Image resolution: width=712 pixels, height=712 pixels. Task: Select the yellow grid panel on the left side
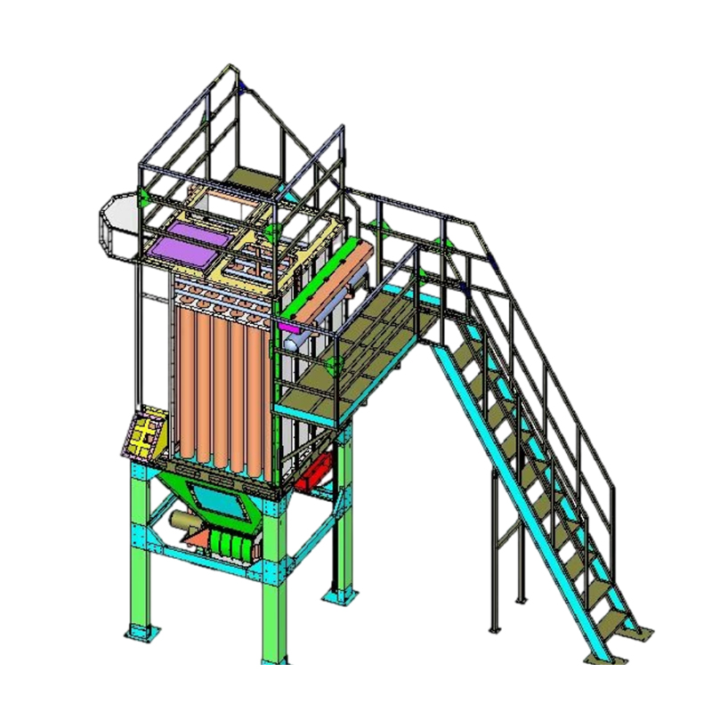coord(143,434)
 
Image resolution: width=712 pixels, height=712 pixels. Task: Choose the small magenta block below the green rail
coord(290,328)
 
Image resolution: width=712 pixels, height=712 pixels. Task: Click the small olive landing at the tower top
coord(250,175)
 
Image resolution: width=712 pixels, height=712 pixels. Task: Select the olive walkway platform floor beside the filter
coord(356,356)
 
